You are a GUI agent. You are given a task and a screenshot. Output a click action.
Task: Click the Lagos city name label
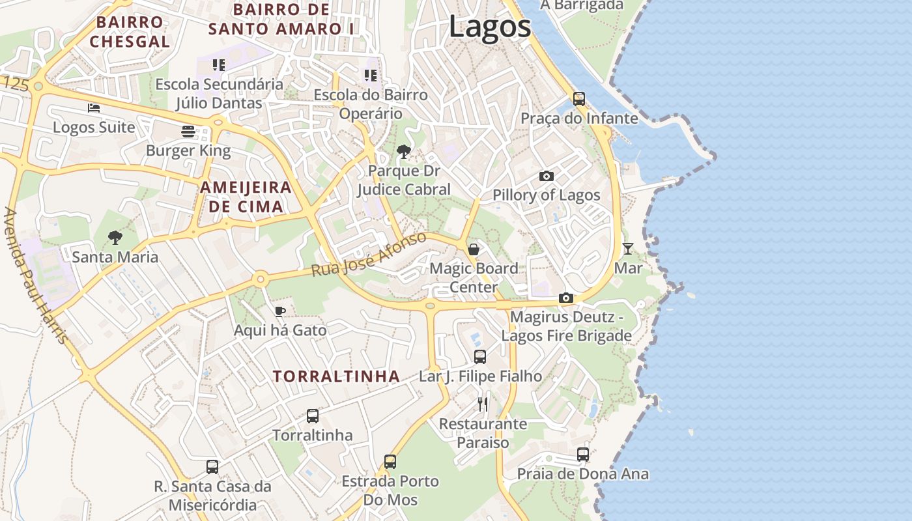[x=490, y=27]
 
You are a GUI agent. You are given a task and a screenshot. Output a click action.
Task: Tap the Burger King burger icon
[x=188, y=132]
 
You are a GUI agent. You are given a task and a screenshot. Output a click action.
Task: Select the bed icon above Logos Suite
[x=94, y=108]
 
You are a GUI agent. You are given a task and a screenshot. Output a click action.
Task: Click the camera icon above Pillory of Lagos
[x=547, y=176]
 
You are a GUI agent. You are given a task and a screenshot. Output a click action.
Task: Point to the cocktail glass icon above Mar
[x=627, y=248]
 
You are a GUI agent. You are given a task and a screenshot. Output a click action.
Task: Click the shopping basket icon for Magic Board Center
[x=474, y=249]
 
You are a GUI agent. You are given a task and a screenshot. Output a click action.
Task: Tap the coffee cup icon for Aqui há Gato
[x=279, y=311]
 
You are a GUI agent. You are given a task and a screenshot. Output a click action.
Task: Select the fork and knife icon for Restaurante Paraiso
[x=483, y=404]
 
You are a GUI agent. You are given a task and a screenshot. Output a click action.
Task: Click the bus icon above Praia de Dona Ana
[x=582, y=454]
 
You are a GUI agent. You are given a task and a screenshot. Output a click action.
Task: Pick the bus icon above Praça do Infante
[x=578, y=99]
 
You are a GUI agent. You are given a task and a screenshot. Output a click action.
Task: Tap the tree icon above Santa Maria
[x=115, y=238]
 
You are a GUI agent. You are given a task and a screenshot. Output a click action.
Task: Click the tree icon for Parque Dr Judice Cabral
[x=403, y=152]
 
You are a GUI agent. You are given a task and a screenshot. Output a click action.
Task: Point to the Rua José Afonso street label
[x=369, y=254]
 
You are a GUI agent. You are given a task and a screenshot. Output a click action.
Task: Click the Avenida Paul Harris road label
[x=36, y=275]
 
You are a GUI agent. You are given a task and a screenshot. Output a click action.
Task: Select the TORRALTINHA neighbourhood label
[x=336, y=376]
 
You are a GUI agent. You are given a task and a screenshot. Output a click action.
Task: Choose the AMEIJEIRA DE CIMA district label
[x=246, y=197]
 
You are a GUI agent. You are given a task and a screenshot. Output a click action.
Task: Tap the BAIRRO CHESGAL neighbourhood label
[x=130, y=32]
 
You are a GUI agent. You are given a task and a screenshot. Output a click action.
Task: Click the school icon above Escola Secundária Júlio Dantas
[x=219, y=65]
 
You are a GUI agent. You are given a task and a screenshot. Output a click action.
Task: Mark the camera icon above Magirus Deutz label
[x=566, y=298]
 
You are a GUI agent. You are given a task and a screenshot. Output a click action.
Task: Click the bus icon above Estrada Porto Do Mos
[x=390, y=461]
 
